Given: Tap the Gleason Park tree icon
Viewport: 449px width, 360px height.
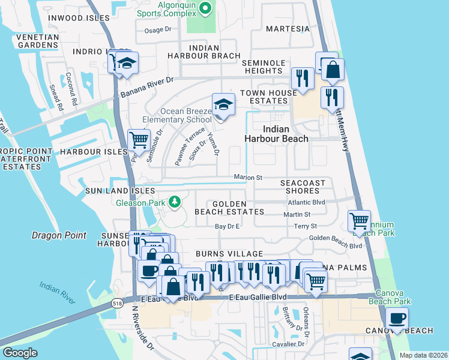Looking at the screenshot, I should point(175,202).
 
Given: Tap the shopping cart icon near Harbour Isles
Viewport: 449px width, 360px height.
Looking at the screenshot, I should point(139,140).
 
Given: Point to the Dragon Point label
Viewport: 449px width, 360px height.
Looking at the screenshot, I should point(59,236).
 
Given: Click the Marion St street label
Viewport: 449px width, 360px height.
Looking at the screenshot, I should point(248,178).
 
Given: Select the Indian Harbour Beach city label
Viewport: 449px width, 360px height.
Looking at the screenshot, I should point(276,134).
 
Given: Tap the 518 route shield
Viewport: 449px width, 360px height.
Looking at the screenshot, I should point(118,299).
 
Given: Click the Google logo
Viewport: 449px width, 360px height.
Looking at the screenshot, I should point(20,353).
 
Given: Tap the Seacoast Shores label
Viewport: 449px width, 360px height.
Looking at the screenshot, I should point(303,187).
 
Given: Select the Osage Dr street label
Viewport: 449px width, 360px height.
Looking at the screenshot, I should point(158,29).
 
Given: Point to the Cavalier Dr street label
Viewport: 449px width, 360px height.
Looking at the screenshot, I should point(289,344).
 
